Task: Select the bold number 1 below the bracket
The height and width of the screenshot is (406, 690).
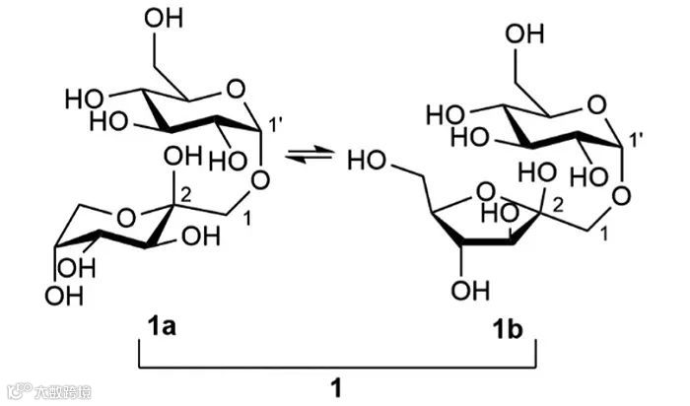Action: coord(335,388)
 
